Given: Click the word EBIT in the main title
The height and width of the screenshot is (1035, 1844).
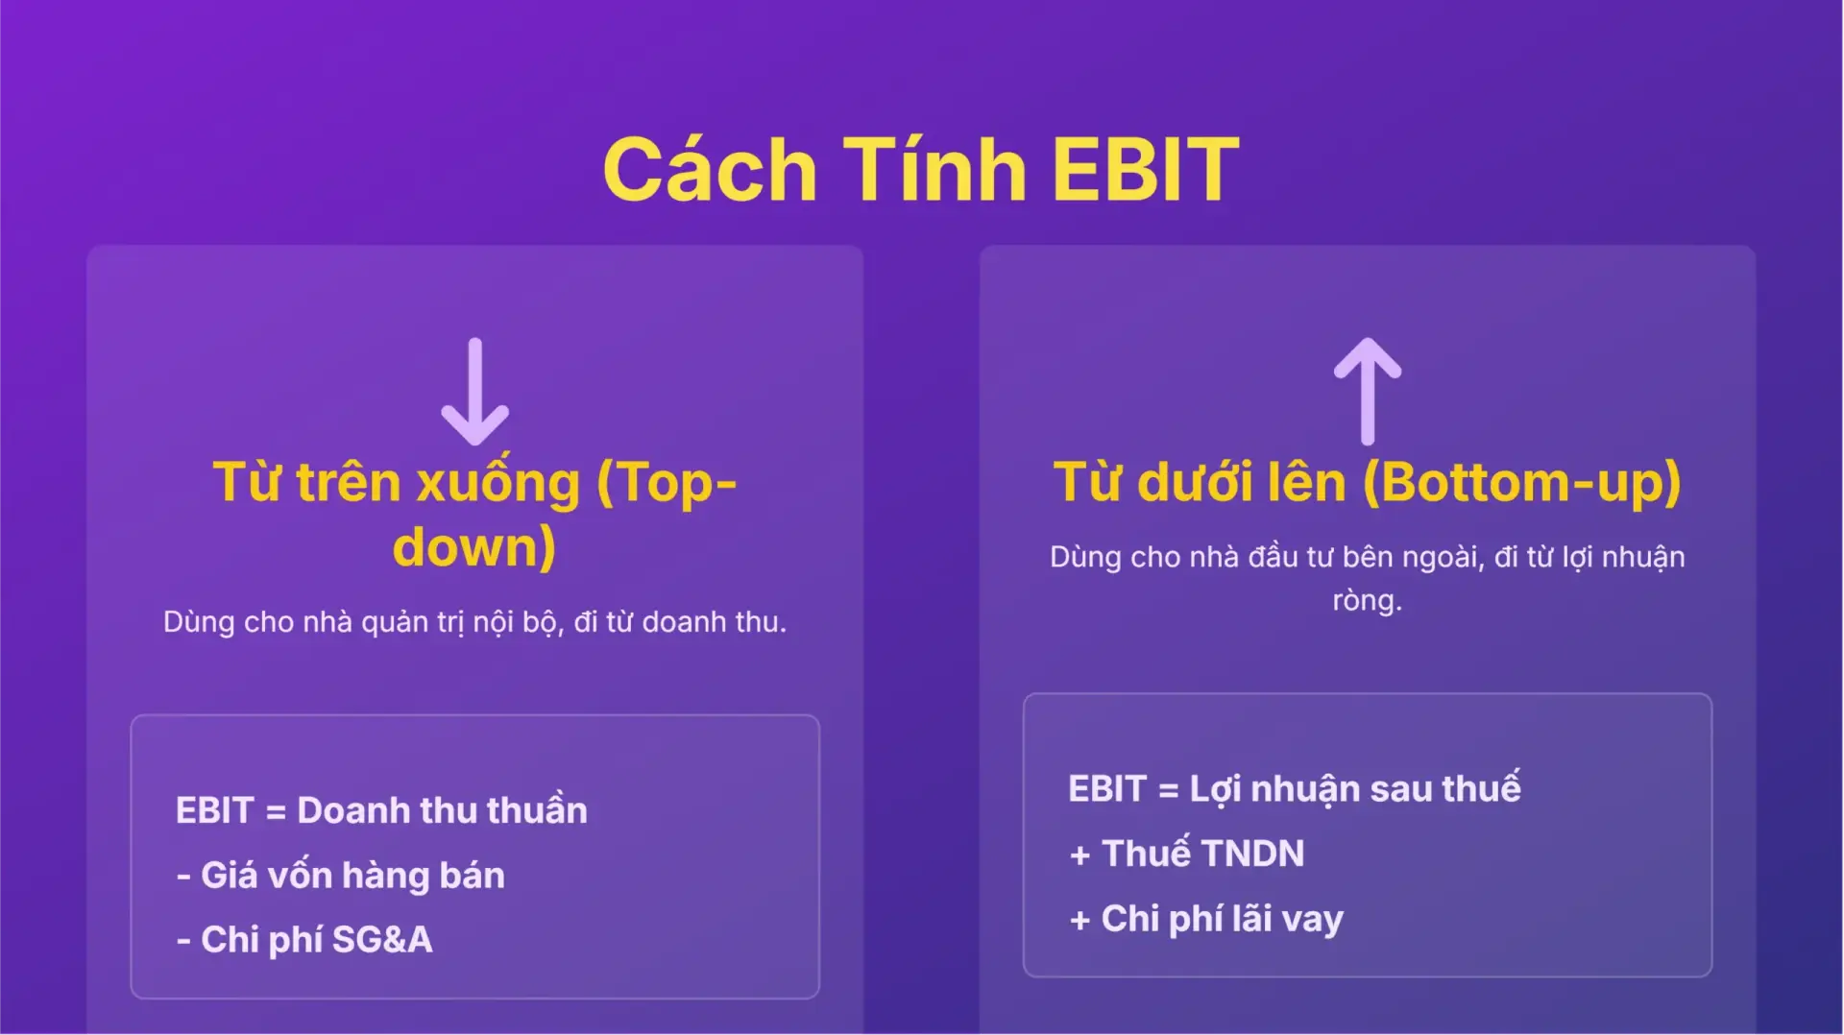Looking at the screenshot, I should pyautogui.click(x=1145, y=170).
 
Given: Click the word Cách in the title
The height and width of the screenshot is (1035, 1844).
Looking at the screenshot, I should pyautogui.click(x=710, y=170).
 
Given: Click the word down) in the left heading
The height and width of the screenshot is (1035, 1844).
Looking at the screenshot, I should pyautogui.click(x=474, y=547).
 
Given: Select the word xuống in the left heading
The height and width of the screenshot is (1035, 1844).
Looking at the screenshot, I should pyautogui.click(x=498, y=482).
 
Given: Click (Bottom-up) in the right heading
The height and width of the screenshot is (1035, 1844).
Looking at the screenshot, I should pyautogui.click(x=1522, y=482).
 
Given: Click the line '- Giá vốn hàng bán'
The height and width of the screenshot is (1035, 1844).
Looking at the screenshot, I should pyautogui.click(x=341, y=876).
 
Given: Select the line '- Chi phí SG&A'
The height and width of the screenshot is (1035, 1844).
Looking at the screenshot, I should pyautogui.click(x=304, y=940).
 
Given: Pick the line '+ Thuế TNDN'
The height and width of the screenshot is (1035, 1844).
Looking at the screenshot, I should pyautogui.click(x=1187, y=854).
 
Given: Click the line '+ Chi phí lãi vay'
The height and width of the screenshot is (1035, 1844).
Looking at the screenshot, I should pyautogui.click(x=1206, y=919).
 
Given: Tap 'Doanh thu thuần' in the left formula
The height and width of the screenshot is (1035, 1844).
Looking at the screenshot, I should pyautogui.click(x=442, y=811).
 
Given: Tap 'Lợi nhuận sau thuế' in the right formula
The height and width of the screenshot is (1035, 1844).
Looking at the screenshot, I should pyautogui.click(x=1354, y=789).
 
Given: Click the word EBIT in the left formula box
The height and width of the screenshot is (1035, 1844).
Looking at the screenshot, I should pyautogui.click(x=214, y=811).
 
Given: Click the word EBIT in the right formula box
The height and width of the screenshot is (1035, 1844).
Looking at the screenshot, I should pyautogui.click(x=1106, y=789).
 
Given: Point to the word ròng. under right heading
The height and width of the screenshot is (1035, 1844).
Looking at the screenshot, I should pyautogui.click(x=1367, y=601).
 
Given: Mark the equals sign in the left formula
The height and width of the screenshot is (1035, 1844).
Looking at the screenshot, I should pyautogui.click(x=276, y=812).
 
